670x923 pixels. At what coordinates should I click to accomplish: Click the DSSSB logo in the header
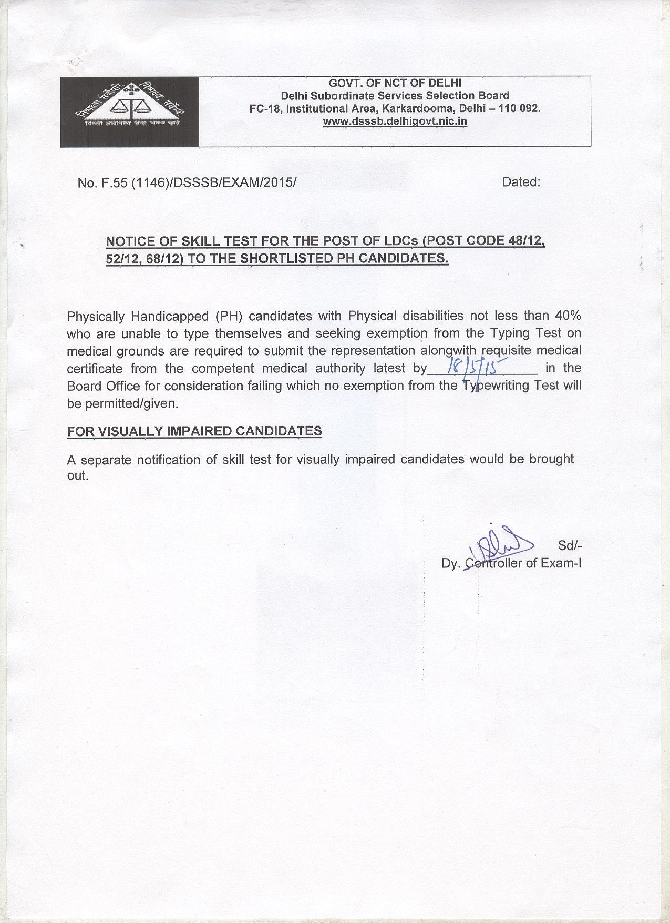129,111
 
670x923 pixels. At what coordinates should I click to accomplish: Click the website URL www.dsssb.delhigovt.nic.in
395,121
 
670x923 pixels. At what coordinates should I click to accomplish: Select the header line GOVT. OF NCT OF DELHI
395,83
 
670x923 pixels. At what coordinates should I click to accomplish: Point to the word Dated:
521,182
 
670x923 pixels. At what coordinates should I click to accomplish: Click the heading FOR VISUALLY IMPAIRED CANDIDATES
194,431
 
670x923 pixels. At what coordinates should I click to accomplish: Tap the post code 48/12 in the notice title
526,241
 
